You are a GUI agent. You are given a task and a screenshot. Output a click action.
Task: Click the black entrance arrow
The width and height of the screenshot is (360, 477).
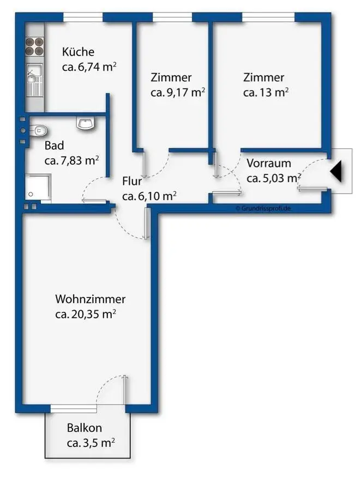coord(337,172)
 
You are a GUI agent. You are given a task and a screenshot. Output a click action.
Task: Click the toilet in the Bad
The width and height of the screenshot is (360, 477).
coord(39,130)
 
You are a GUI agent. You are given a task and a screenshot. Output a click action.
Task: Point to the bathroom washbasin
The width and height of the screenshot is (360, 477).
coord(86,125)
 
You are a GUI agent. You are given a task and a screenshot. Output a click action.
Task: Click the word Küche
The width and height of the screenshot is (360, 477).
coord(78,52)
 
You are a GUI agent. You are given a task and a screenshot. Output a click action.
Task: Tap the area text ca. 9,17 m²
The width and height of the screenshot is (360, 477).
coord(177,93)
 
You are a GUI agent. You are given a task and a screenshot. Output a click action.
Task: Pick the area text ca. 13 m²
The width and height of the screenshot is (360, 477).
coord(266,93)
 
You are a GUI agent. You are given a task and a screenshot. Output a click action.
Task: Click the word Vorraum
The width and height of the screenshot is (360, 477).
coord(268,164)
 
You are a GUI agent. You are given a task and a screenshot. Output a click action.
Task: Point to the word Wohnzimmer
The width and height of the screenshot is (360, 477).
coord(90,299)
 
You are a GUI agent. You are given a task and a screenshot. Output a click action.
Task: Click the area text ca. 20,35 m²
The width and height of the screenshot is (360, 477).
coord(86,315)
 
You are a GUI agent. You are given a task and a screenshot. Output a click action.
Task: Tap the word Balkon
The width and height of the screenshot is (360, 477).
coord(85,428)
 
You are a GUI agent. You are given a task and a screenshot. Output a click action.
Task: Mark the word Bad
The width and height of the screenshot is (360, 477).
coord(54,146)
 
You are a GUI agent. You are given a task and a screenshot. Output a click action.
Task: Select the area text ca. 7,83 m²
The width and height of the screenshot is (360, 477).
coord(71,160)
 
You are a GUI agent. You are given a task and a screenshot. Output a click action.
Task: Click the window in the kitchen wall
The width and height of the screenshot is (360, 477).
coord(82,17)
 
